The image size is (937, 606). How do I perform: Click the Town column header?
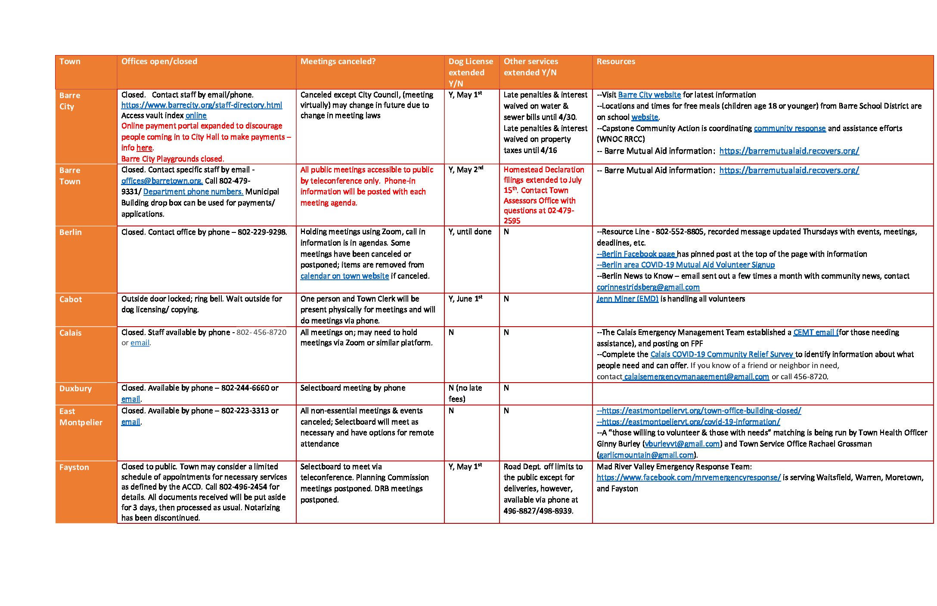click(70, 62)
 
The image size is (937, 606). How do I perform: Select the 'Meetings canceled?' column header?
click(338, 62)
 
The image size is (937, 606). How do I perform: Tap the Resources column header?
click(616, 62)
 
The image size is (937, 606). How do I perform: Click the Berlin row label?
click(71, 232)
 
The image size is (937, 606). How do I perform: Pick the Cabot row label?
click(71, 300)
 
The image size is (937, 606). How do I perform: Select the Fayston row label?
click(74, 467)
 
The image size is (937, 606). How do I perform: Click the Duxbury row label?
click(76, 389)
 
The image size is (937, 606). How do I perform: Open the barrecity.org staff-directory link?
click(202, 105)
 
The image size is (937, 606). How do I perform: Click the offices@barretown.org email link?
click(161, 181)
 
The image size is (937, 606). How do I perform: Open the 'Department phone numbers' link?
click(193, 192)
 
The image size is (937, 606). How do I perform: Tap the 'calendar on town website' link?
click(344, 276)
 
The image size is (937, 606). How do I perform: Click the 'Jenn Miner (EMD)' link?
click(627, 299)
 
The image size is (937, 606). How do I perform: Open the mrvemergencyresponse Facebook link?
click(688, 478)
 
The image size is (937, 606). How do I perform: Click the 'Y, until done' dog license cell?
click(470, 232)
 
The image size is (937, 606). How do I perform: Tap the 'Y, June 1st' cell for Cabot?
click(465, 299)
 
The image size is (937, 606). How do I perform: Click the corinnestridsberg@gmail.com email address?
click(648, 288)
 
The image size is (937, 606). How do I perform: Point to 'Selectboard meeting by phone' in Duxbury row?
click(353, 388)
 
